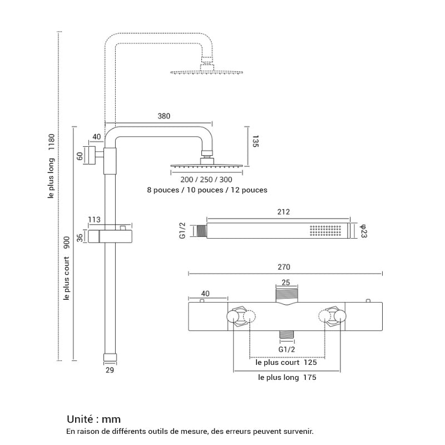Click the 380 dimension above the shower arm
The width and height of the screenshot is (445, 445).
[x=164, y=116]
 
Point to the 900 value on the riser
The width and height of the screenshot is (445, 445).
[x=66, y=243]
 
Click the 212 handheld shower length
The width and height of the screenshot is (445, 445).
[x=283, y=212]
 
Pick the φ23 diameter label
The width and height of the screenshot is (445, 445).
[x=363, y=231]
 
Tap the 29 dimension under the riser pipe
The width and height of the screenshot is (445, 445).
[x=109, y=369]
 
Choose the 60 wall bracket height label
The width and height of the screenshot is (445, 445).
[x=80, y=155]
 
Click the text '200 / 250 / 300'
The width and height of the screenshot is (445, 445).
[x=206, y=180]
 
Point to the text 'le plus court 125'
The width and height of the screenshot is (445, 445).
[x=286, y=362]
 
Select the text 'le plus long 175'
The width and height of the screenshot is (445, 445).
[x=287, y=377]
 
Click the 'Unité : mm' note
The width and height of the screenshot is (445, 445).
[x=93, y=419]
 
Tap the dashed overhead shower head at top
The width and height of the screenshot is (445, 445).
[x=206, y=72]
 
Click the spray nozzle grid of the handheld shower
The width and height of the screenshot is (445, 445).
[x=324, y=231]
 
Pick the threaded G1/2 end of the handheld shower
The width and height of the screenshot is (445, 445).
[x=200, y=231]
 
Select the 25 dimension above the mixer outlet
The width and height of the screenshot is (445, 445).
[x=286, y=283]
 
